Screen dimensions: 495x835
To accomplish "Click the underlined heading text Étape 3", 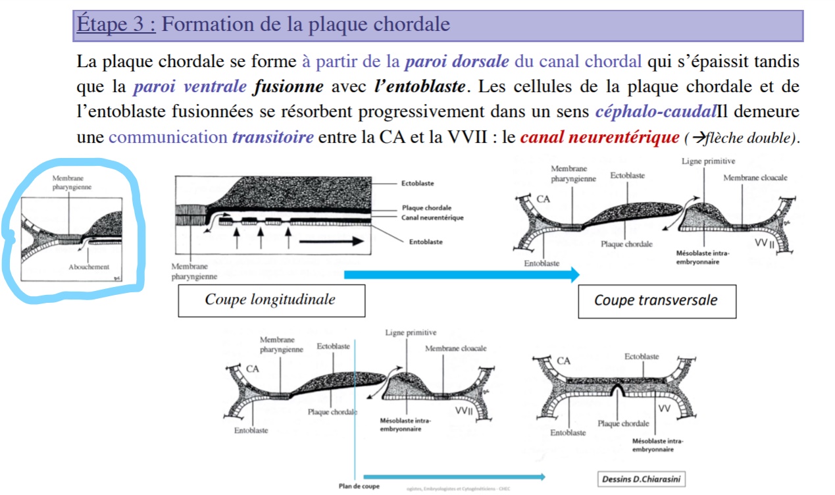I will point(116,25).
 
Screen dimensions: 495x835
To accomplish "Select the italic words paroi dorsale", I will point(457,62).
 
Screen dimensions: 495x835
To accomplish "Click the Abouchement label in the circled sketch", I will point(89,267).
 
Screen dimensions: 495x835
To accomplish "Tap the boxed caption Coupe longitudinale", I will point(270,300).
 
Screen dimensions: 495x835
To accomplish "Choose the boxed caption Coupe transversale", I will point(655,301).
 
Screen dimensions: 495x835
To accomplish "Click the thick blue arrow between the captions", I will point(461,274).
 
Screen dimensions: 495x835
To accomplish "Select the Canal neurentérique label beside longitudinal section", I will point(432,217).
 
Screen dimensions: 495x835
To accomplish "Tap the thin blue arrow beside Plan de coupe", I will point(454,477).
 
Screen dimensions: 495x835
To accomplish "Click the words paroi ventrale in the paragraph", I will point(190,87).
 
